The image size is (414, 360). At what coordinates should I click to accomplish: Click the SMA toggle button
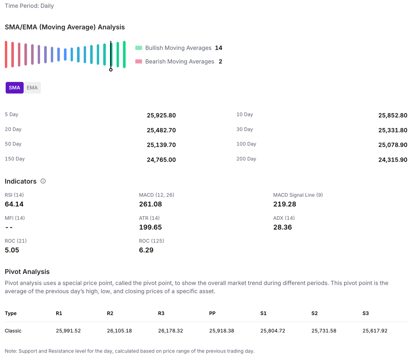15,88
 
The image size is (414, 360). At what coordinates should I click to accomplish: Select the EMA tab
32,88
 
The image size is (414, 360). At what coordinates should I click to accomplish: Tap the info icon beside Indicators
43,181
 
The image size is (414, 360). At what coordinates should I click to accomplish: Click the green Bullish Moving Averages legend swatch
139,48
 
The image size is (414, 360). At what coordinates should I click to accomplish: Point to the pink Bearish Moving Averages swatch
139,61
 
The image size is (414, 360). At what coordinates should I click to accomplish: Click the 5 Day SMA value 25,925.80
161,115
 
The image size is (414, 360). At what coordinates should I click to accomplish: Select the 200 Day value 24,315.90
393,160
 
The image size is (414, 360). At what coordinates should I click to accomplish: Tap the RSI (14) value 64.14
14,204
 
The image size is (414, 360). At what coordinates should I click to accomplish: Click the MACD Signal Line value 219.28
285,204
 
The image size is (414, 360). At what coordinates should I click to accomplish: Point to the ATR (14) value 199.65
150,227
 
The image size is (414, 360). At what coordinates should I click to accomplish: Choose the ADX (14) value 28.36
282,227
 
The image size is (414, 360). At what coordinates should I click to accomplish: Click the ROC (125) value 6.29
146,250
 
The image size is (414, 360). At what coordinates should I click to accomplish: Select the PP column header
212,313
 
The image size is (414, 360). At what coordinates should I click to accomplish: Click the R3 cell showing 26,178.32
170,331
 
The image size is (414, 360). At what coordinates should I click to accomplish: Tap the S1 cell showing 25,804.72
272,331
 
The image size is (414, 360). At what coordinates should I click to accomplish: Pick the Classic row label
13,331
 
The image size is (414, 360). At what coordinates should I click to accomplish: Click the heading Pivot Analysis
27,272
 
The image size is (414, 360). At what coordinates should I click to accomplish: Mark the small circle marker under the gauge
111,69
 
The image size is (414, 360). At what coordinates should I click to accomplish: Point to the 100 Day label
246,144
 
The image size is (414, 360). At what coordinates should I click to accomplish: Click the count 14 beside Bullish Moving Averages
218,48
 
